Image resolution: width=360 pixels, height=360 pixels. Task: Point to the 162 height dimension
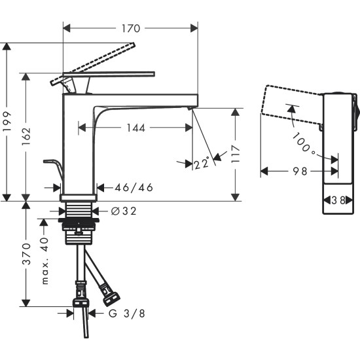coord(26,134)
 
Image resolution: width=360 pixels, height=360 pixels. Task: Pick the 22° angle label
coord(202,163)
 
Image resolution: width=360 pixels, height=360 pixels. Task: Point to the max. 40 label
coord(45,261)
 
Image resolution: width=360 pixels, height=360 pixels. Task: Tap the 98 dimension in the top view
coord(299,171)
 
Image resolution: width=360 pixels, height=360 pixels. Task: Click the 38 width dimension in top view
coord(339,201)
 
